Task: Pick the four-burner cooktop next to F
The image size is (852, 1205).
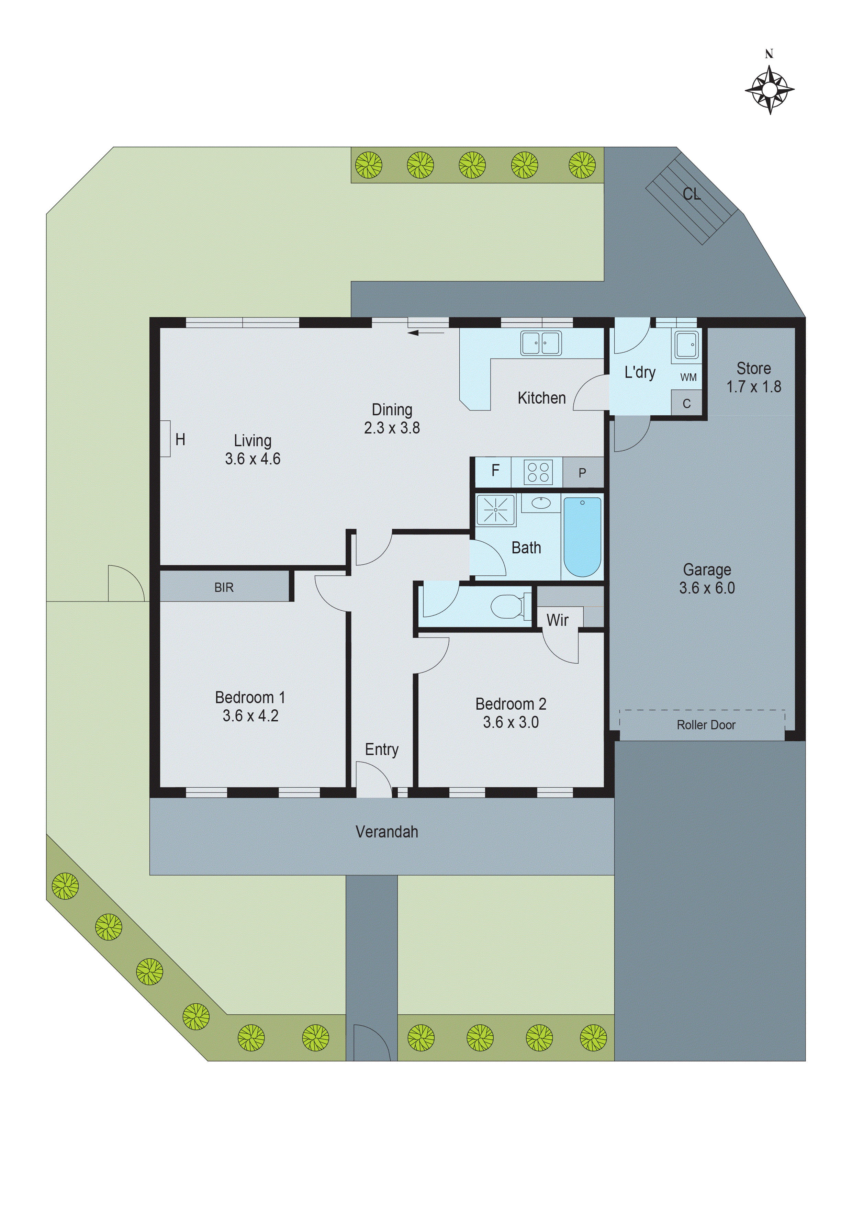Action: (538, 471)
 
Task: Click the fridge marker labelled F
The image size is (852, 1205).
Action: (495, 471)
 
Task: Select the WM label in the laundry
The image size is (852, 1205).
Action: (688, 378)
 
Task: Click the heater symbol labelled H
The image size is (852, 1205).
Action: (180, 439)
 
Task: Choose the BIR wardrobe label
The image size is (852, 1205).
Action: (224, 588)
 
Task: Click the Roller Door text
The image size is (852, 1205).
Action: (706, 725)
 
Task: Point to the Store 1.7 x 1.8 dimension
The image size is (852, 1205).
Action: (753, 387)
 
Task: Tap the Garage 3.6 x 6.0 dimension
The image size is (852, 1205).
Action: (707, 588)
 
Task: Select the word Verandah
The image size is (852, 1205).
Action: (386, 832)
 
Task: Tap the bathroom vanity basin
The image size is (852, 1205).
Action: (541, 503)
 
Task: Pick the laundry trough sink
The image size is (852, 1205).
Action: (686, 345)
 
